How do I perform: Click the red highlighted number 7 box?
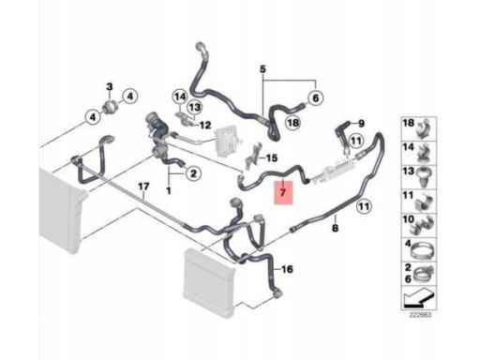click(283, 192)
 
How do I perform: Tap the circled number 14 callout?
click(180, 97)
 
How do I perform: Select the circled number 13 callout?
click(194, 108)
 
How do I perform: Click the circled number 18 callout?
click(293, 123)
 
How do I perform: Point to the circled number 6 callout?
click(316, 98)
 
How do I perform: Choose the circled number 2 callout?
click(193, 173)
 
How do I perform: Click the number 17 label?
click(143, 187)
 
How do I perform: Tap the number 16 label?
click(287, 269)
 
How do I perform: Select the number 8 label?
click(335, 229)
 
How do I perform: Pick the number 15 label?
click(272, 158)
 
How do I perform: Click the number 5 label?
click(262, 68)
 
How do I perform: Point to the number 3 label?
click(110, 86)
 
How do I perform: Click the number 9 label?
click(361, 124)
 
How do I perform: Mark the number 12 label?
click(205, 126)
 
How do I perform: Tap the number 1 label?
click(169, 190)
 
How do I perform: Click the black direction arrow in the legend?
click(418, 299)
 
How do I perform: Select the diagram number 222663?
click(420, 315)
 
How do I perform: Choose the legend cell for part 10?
click(419, 226)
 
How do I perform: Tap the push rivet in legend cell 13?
click(425, 176)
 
